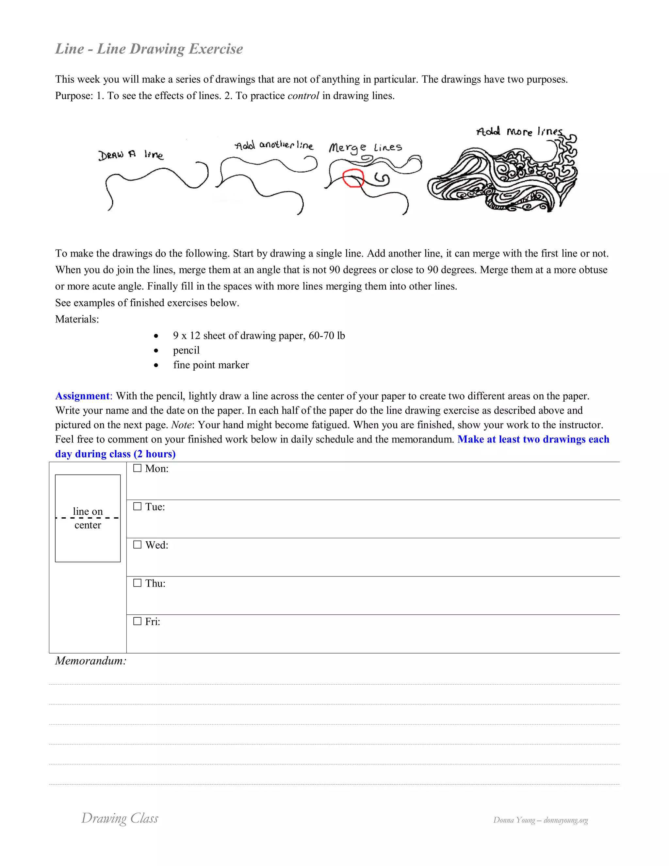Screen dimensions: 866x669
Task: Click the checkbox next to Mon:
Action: (x=137, y=468)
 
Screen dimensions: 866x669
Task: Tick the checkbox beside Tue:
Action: (x=137, y=506)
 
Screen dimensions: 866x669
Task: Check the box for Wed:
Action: (x=137, y=544)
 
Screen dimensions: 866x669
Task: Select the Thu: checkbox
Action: (x=137, y=583)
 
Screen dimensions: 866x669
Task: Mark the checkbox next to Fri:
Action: (x=137, y=621)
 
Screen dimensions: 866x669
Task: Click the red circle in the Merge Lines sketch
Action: (x=353, y=178)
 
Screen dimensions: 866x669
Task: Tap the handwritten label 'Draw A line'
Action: (x=131, y=155)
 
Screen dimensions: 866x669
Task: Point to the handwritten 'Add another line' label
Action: (x=274, y=145)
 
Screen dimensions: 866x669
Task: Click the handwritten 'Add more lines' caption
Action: (x=519, y=132)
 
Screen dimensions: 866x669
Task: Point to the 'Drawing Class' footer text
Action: (x=120, y=818)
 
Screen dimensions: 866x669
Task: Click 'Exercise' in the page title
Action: (x=216, y=49)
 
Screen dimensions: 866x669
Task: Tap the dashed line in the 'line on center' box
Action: (x=88, y=518)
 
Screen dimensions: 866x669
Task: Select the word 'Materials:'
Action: (x=77, y=319)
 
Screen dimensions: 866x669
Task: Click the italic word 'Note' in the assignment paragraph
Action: (x=181, y=425)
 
